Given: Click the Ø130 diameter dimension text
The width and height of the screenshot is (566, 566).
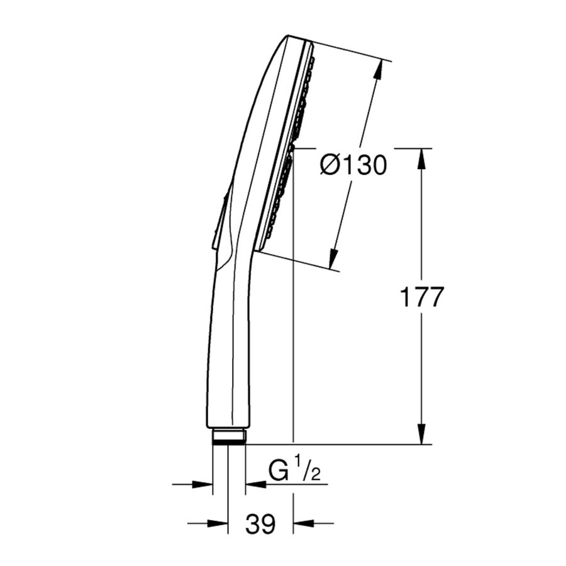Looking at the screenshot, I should [x=352, y=165].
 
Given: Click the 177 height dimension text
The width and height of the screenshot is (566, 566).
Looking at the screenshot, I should [x=422, y=297].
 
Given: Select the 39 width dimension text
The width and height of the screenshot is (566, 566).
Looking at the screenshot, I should [x=260, y=523].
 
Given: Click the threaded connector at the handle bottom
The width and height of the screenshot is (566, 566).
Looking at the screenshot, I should [x=229, y=436].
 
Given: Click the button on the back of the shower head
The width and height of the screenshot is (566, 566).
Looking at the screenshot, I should [x=219, y=220].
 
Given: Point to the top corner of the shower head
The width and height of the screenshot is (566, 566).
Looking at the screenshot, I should [x=290, y=36].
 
